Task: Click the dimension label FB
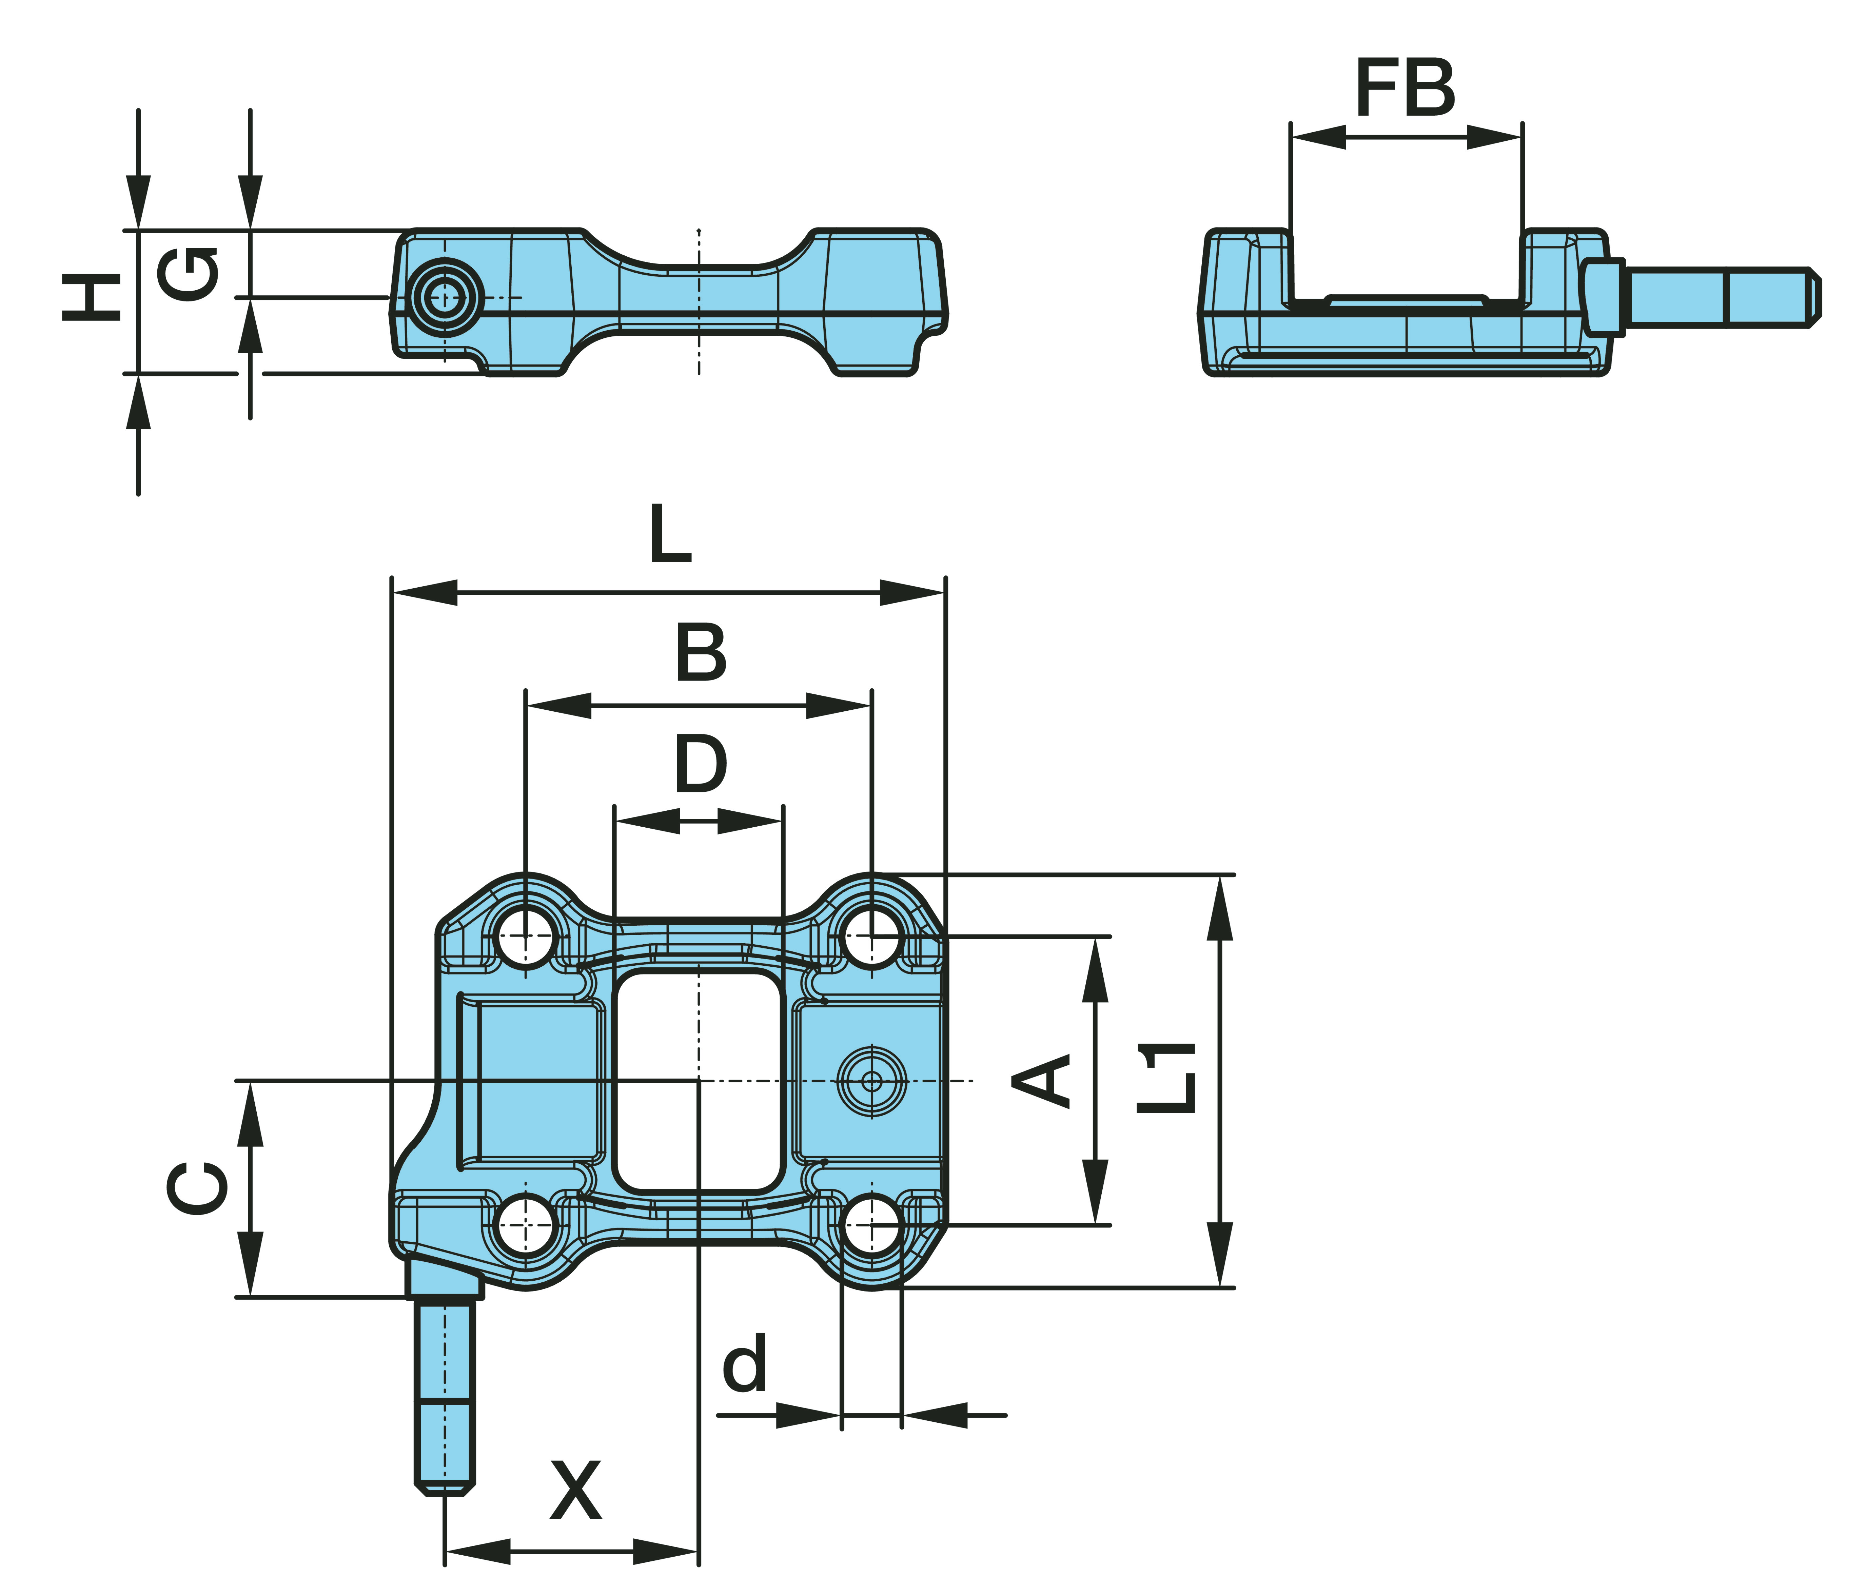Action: pyautogui.click(x=1405, y=88)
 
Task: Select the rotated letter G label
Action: pyautogui.click(x=187, y=273)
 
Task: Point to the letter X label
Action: pyautogui.click(x=576, y=1490)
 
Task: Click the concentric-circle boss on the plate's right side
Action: pyautogui.click(x=871, y=1080)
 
